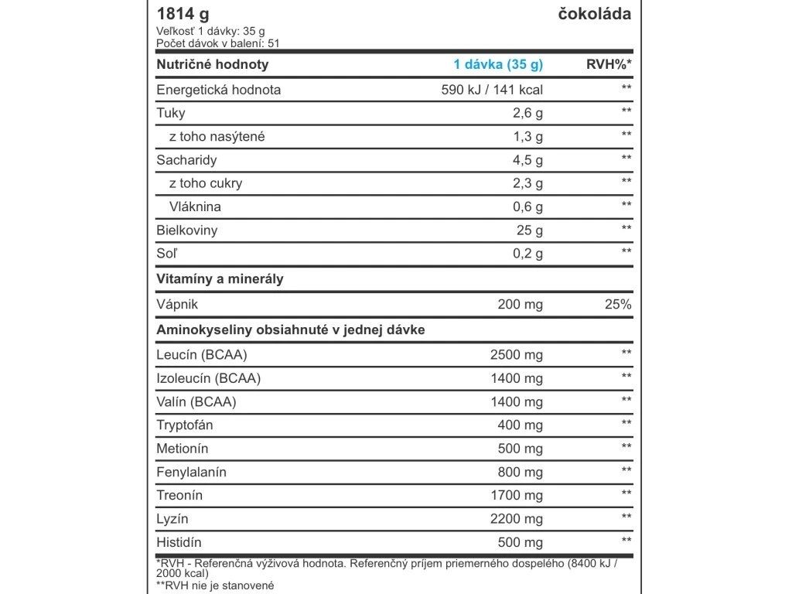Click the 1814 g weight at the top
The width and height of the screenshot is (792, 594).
tap(183, 15)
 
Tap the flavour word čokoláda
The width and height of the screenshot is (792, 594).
tap(594, 15)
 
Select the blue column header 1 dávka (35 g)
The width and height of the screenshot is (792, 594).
tap(498, 65)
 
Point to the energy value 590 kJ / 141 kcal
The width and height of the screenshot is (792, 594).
tap(491, 90)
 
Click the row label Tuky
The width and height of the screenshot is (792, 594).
tap(171, 113)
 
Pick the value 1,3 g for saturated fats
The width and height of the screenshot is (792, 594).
tap(528, 137)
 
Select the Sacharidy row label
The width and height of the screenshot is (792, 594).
tap(186, 160)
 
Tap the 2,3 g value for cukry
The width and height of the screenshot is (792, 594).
tap(528, 183)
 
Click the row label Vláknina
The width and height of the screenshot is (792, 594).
tap(195, 207)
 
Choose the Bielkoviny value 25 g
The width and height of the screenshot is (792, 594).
tap(530, 230)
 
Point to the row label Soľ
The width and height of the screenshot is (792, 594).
tap(168, 254)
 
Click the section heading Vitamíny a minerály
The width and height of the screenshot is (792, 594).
tap(220, 279)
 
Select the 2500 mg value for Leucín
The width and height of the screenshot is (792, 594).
tap(517, 355)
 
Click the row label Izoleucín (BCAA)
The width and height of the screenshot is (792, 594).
tap(208, 378)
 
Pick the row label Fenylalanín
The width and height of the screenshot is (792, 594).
tap(191, 472)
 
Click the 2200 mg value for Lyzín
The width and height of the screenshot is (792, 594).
tap(517, 519)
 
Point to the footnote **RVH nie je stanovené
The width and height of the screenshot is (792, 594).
tap(215, 586)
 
